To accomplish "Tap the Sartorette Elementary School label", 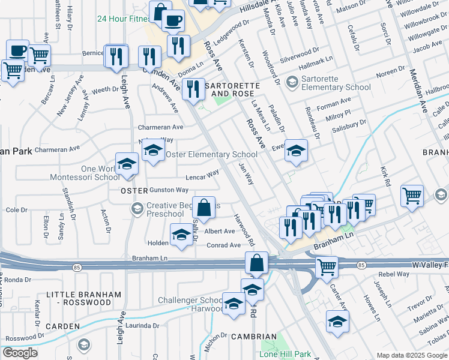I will (x=336, y=82).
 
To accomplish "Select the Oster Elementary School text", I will (x=211, y=154).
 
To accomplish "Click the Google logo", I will (x=20, y=353).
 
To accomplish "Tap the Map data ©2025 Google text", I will (x=412, y=355).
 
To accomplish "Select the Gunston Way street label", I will (x=169, y=190).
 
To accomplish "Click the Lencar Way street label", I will (x=202, y=175).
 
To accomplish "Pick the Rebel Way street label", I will (x=394, y=274).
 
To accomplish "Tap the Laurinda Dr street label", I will (x=143, y=326).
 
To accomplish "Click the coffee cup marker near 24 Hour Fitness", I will (x=173, y=21).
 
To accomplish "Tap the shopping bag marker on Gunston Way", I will (x=204, y=208).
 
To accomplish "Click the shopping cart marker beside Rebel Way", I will (x=327, y=266).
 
